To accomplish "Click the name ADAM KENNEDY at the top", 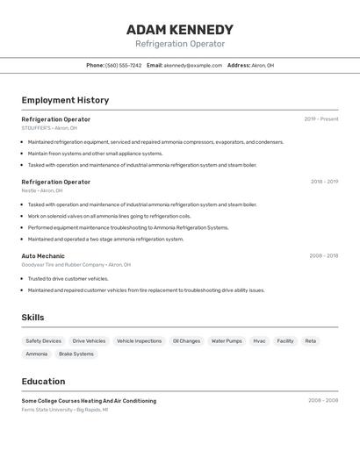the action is tap(180, 29).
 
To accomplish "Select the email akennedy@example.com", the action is tap(192, 65).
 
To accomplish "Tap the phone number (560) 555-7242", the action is tap(124, 65).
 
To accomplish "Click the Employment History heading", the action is tap(65, 100).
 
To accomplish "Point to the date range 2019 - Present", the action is tap(321, 119).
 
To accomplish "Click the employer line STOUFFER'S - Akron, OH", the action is tap(49, 128).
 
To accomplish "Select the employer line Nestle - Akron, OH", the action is tap(42, 190).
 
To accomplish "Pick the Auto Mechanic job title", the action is tap(43, 256).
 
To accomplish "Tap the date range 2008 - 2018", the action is tap(323, 256).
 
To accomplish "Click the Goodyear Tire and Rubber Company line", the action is tap(76, 264).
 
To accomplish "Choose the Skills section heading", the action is tap(32, 318).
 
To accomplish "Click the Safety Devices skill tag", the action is tap(44, 340).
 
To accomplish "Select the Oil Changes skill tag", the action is tap(186, 340).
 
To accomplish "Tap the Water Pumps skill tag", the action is tap(227, 340).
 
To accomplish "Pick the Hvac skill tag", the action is tap(259, 340).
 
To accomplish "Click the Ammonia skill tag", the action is tap(37, 354).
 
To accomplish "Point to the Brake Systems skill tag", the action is tap(76, 354).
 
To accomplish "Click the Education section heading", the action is tap(43, 382).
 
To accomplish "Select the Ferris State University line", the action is tap(65, 410).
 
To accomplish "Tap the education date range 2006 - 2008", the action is tap(323, 401).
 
